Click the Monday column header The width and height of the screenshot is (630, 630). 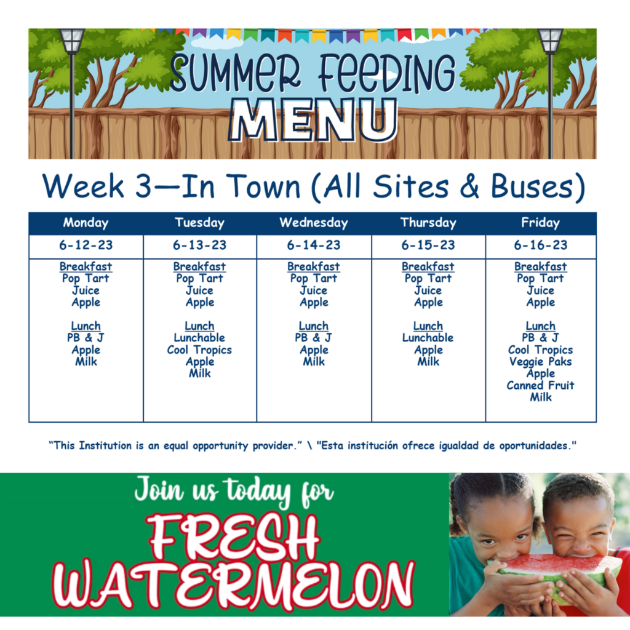(x=86, y=223)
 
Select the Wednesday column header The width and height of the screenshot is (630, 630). (x=314, y=223)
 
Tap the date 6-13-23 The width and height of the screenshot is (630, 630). (x=200, y=245)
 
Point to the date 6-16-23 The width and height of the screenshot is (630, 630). (x=541, y=245)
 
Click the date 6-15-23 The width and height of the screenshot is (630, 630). (x=428, y=245)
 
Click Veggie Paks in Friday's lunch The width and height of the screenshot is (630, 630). (x=540, y=362)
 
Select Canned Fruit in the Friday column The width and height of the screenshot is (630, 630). (x=540, y=385)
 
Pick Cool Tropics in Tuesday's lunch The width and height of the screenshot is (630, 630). (x=200, y=350)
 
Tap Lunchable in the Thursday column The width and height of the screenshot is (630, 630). (x=428, y=338)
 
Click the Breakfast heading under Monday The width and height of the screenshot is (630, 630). (x=86, y=266)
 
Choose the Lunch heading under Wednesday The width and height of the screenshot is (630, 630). (x=314, y=326)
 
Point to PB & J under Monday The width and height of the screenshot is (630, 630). (x=86, y=338)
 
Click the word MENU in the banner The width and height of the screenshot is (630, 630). (x=313, y=120)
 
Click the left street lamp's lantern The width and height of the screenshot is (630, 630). (x=72, y=41)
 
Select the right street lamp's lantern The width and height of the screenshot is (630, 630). (x=550, y=41)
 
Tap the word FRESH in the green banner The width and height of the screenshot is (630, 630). (x=233, y=536)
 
